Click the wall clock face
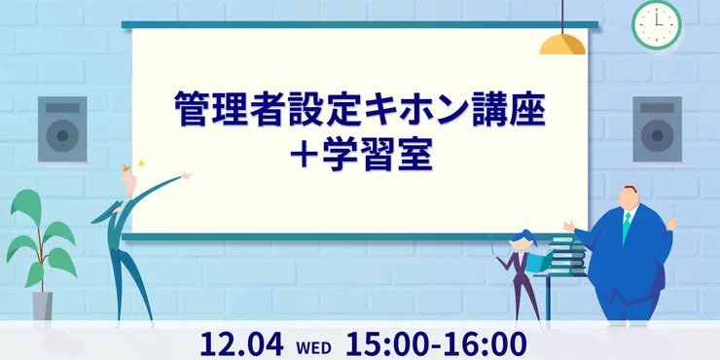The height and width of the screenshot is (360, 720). (x=656, y=24)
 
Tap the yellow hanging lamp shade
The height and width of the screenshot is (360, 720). (x=562, y=45)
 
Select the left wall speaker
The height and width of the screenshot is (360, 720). (x=62, y=129)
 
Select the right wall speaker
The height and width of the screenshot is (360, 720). (x=657, y=129)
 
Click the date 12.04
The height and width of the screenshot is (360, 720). (x=241, y=344)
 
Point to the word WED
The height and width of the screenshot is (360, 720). (x=313, y=348)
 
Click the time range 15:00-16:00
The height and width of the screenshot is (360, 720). (x=436, y=344)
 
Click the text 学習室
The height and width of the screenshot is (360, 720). (x=377, y=157)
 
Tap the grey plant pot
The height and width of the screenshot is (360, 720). (x=42, y=306)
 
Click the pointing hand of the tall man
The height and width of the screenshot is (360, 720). (x=186, y=175)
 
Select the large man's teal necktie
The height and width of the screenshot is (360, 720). (x=627, y=227)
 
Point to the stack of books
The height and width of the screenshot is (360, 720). (x=568, y=255)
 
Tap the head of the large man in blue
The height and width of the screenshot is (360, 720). (x=629, y=198)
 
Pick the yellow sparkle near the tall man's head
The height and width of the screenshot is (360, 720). (x=141, y=163)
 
